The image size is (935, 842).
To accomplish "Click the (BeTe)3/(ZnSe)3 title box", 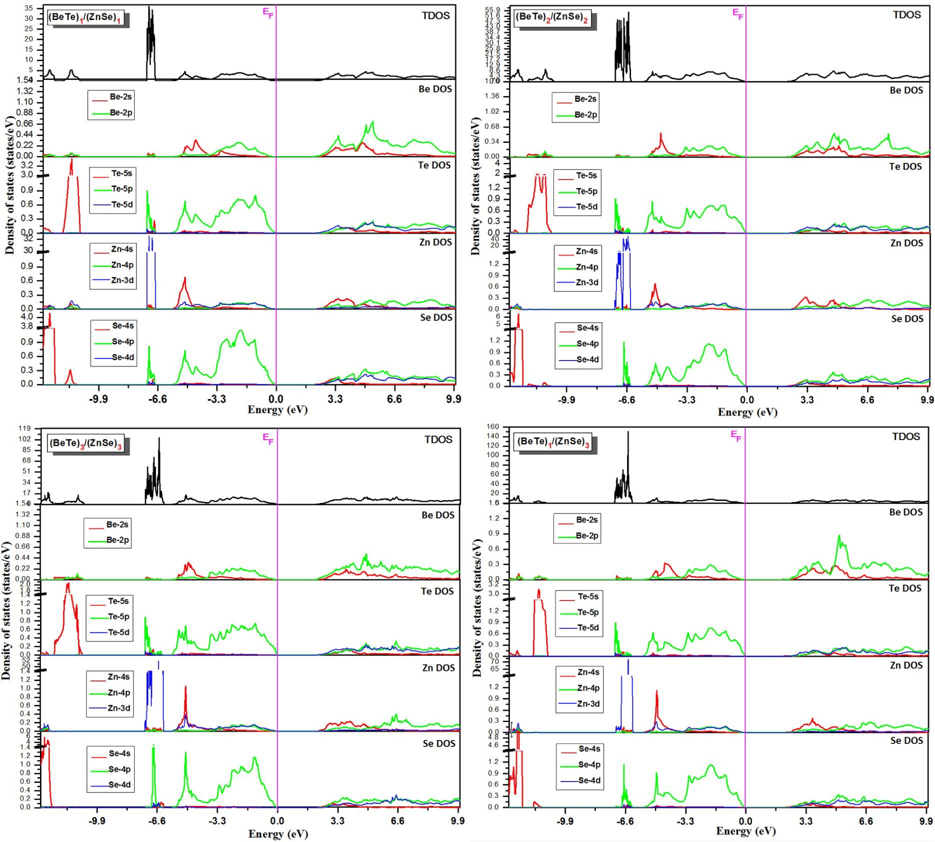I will (x=87, y=443).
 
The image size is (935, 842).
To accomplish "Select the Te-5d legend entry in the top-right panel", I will (x=586, y=206).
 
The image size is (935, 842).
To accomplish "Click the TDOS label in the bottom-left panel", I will (x=438, y=439).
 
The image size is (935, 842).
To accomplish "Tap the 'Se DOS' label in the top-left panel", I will (x=435, y=317).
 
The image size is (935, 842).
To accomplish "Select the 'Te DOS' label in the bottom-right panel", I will (x=904, y=588).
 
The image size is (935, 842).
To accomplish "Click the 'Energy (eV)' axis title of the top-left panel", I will (x=277, y=410).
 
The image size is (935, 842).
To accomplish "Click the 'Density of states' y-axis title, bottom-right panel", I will (x=477, y=607).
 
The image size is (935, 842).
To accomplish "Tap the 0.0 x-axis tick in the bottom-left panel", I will (x=277, y=821).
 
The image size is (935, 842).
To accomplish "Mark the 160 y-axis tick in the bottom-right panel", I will (x=492, y=426).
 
